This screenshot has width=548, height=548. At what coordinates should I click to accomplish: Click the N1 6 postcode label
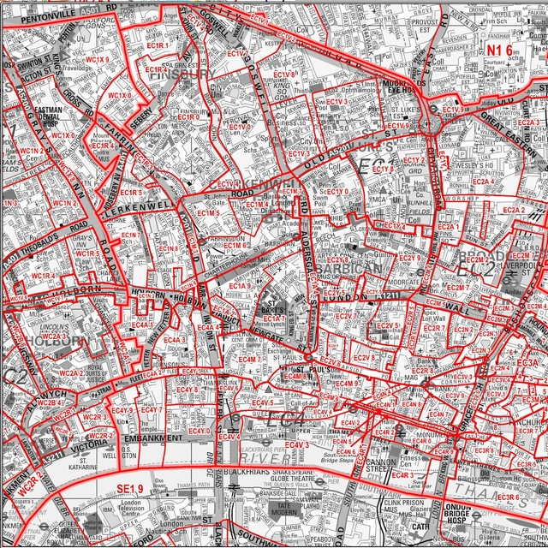point(499,51)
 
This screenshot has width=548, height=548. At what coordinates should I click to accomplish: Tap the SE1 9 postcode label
point(130,489)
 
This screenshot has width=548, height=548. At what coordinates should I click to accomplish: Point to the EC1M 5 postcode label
point(208,212)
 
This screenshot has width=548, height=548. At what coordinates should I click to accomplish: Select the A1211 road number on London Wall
point(389,295)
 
